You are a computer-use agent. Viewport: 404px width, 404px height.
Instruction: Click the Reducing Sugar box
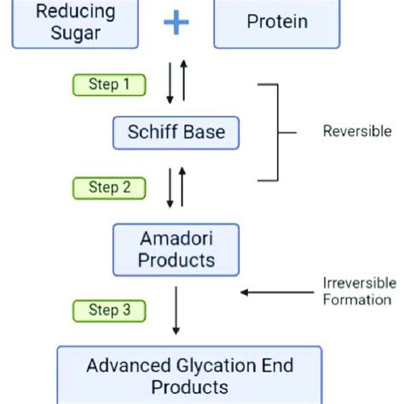(75, 22)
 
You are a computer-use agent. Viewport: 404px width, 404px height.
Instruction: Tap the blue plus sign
(176, 21)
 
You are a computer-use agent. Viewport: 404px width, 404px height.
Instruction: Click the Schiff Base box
(176, 132)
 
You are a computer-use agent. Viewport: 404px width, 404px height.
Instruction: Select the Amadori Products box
(176, 247)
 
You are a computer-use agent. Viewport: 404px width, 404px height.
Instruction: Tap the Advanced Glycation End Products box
(189, 376)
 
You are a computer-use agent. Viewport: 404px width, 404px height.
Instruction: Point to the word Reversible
(356, 132)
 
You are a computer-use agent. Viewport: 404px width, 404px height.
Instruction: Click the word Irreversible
(356, 283)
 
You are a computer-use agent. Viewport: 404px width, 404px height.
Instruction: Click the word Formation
(356, 299)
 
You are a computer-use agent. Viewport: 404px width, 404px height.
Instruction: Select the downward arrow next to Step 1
(170, 85)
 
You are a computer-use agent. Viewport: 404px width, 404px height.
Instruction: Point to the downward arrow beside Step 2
(170, 188)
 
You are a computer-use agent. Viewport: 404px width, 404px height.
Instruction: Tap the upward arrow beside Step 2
(182, 187)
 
